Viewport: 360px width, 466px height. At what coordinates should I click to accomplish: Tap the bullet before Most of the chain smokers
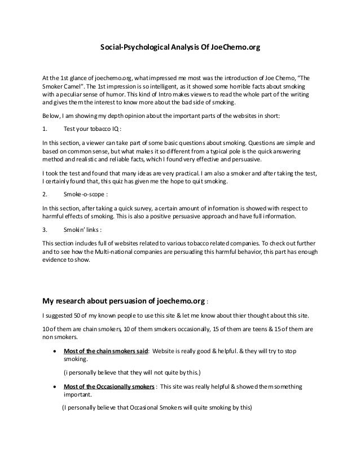coord(54,350)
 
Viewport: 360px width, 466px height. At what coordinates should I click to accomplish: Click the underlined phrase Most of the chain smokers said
coord(106,350)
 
